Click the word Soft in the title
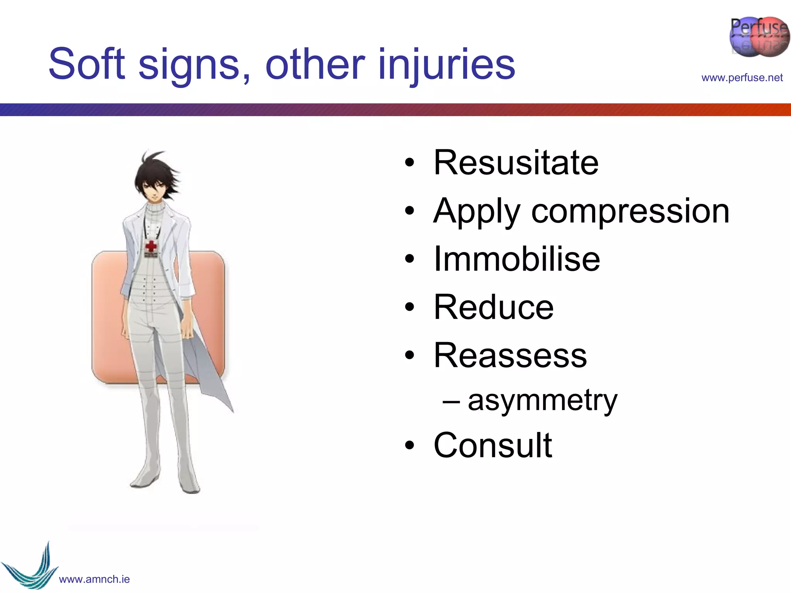87,64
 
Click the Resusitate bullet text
516,163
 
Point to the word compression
630,211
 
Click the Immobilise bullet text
517,259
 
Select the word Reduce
494,307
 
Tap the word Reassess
510,356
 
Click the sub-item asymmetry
542,401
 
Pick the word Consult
493,445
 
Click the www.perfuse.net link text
742,78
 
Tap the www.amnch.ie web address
94,579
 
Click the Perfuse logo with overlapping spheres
759,37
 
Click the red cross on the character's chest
151,246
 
